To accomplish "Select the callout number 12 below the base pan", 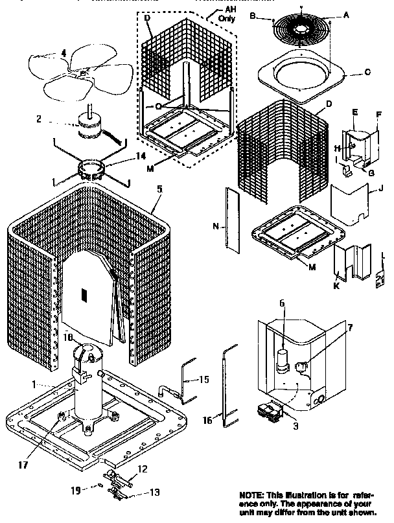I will pyautogui.click(x=144, y=469).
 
